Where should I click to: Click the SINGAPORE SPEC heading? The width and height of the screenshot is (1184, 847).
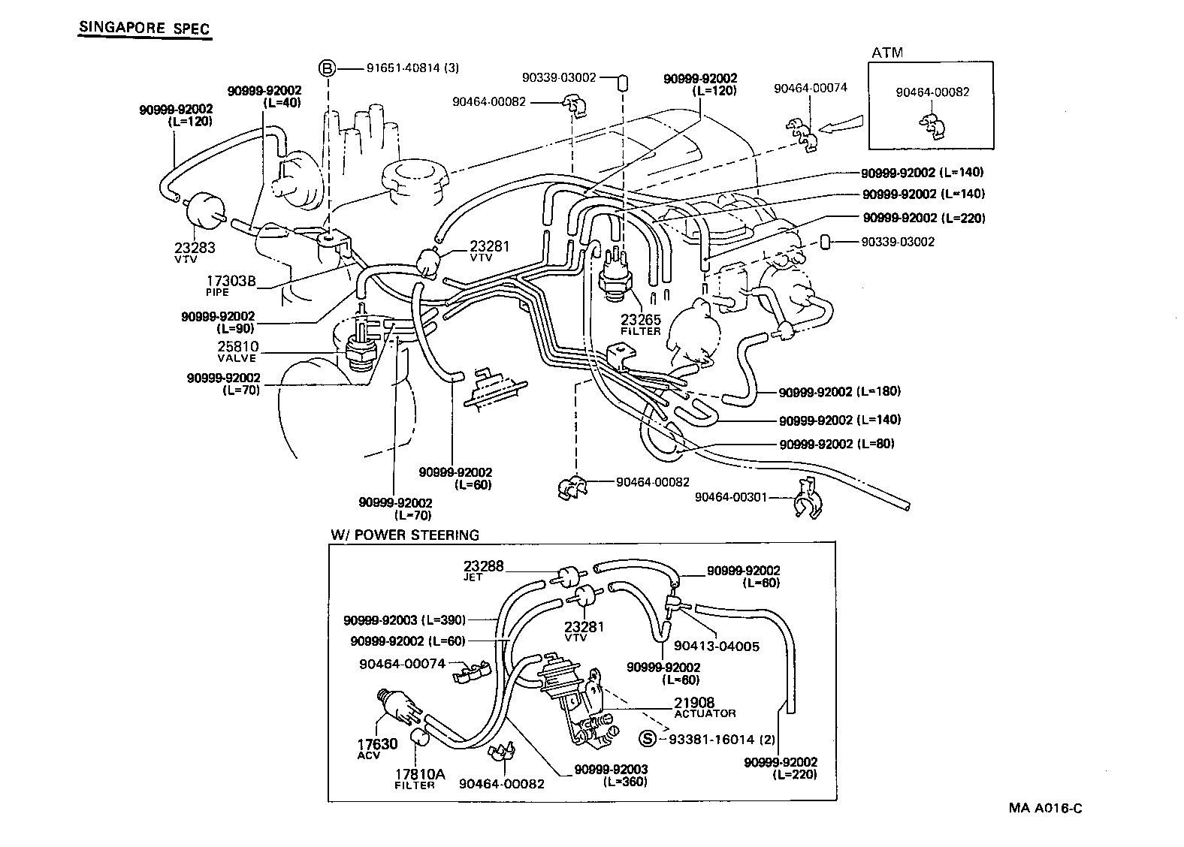point(144,29)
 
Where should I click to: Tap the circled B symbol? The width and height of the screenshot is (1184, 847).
point(328,68)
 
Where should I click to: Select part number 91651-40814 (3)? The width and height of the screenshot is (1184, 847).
point(412,68)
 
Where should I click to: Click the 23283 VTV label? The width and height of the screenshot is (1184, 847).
point(195,252)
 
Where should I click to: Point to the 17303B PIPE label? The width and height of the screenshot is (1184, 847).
point(231,285)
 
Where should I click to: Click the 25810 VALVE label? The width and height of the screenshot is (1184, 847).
point(237,351)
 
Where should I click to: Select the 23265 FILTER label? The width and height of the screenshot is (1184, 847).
point(641,324)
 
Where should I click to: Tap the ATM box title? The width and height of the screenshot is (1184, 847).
point(887,53)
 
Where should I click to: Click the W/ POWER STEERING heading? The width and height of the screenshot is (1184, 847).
point(405,535)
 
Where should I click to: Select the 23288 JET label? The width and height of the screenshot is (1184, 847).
point(483,571)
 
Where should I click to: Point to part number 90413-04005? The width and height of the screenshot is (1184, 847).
point(717,646)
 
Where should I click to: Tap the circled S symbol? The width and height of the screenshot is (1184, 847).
point(647,739)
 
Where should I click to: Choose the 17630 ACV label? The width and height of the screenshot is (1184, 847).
point(377,749)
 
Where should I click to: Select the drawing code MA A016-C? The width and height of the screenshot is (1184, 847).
point(1045,808)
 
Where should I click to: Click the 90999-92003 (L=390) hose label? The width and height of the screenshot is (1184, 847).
point(405,620)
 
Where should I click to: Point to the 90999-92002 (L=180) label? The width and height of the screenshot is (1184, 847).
point(839,392)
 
